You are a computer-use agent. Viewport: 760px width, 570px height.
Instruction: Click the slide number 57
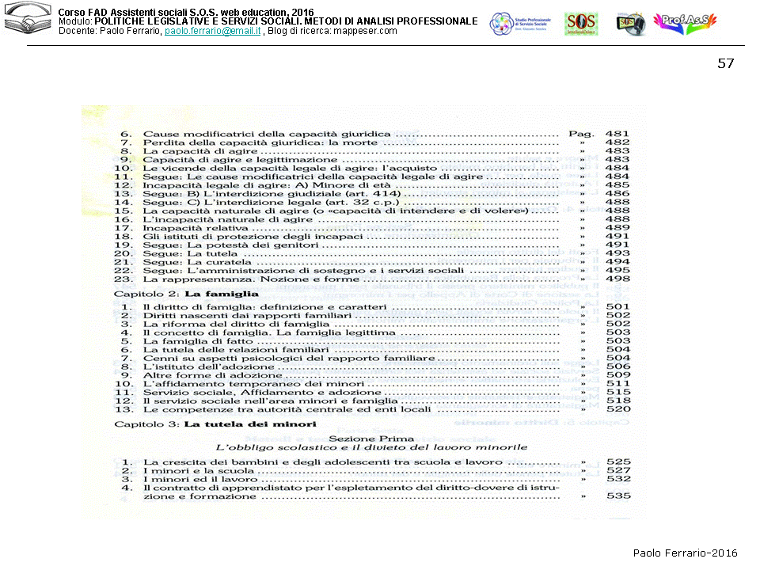coord(725,64)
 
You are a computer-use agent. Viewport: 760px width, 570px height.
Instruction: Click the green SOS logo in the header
coord(581,24)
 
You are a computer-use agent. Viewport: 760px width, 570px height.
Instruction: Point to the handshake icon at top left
coord(27,22)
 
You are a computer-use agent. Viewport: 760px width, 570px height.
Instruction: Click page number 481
coord(617,135)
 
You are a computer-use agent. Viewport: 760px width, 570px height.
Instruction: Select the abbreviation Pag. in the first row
coord(581,135)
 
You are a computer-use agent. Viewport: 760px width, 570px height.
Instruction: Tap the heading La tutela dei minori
coord(250,424)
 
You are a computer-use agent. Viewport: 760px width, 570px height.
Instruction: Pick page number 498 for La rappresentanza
coord(617,279)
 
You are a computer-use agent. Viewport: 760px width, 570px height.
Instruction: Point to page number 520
coord(617,409)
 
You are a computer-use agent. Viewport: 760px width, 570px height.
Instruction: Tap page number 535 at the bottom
coord(617,496)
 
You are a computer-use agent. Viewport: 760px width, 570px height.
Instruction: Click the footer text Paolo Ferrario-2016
coord(685,553)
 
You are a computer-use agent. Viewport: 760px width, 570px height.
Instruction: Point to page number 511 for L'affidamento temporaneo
coord(617,383)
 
